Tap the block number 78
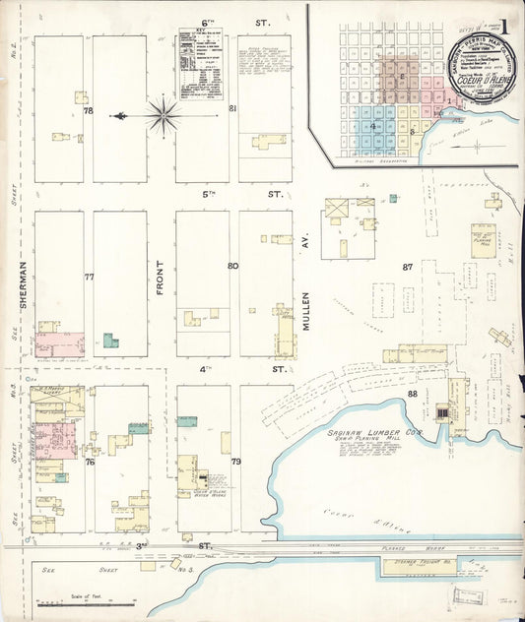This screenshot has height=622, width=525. pos(88,110)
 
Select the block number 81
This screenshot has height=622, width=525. pos(232,108)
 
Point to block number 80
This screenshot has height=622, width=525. pos(232,266)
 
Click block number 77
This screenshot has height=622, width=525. pos(89,278)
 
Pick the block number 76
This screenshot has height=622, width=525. pos(89,462)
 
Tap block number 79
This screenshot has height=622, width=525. pos(235,461)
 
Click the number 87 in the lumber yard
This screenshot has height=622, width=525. pos(407,267)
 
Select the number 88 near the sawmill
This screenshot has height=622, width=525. pos(412,394)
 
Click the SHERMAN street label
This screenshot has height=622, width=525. pos(20,275)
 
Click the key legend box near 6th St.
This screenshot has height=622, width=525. pos(200,64)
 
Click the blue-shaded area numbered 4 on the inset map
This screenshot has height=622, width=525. pos(374,126)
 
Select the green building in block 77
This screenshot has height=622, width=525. pos(109,341)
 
